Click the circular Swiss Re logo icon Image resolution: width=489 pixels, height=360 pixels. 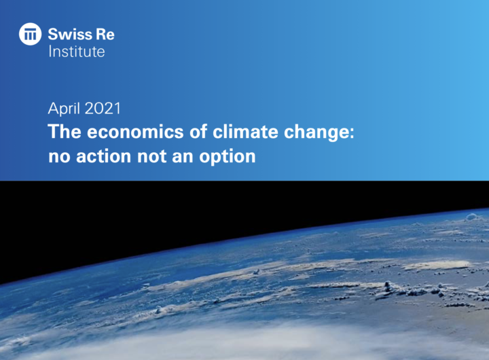[31, 34]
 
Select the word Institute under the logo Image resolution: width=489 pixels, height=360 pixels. [76, 51]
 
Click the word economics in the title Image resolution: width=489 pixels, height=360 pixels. [126, 131]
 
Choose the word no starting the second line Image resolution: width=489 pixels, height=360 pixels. [57, 157]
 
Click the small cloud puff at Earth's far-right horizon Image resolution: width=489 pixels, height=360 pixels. [473, 217]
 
